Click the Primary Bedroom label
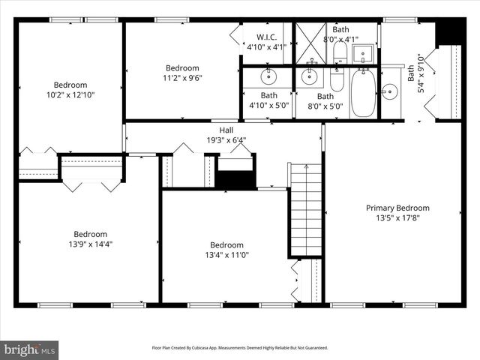pyautogui.click(x=397, y=208)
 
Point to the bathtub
pyautogui.click(x=363, y=94)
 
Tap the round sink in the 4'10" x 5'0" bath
pyautogui.click(x=268, y=76)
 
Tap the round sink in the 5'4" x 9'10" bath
pyautogui.click(x=388, y=92)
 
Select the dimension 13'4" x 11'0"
pyautogui.click(x=226, y=255)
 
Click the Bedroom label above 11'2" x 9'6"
pyautogui.click(x=182, y=67)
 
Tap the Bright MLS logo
pyautogui.click(x=30, y=349)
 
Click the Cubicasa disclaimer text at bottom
pyautogui.click(x=239, y=348)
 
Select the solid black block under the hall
pyautogui.click(x=236, y=180)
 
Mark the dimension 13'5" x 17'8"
pyautogui.click(x=397, y=218)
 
